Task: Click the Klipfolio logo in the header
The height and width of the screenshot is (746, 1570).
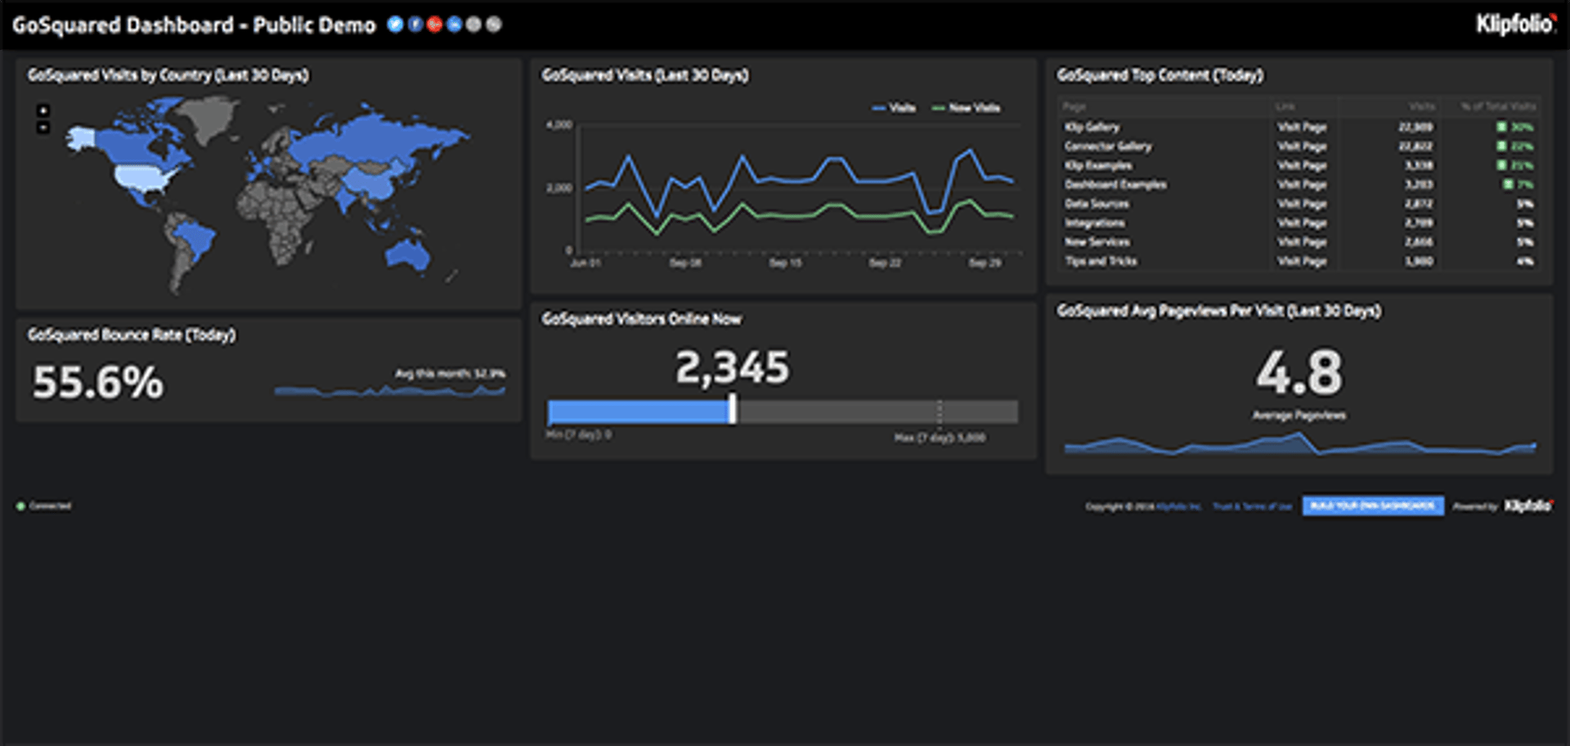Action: [1515, 25]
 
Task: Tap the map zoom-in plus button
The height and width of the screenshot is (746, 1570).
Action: [43, 110]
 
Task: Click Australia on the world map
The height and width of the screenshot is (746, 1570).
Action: [406, 256]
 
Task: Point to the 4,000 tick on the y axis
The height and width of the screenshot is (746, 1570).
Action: [559, 125]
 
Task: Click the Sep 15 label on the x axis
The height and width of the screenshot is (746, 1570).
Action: [785, 263]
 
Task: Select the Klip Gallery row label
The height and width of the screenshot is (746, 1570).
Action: [1092, 127]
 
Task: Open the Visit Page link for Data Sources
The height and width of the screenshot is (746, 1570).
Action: [1302, 204]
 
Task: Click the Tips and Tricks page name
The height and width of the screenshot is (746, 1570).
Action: [1101, 261]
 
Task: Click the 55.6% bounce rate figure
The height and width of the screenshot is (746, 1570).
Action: [98, 382]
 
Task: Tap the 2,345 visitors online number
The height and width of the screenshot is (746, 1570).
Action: [733, 367]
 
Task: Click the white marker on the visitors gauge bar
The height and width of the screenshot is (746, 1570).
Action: [733, 409]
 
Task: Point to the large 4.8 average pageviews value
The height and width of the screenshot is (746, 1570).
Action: [1299, 373]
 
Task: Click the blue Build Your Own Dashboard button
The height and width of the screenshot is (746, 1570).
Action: [1373, 506]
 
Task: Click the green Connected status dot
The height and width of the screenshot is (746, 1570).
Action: [20, 506]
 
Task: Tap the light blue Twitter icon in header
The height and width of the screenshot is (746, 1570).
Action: [395, 25]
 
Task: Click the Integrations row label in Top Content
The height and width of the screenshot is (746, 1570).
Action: [1094, 222]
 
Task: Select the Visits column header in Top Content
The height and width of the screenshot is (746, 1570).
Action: [1421, 106]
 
